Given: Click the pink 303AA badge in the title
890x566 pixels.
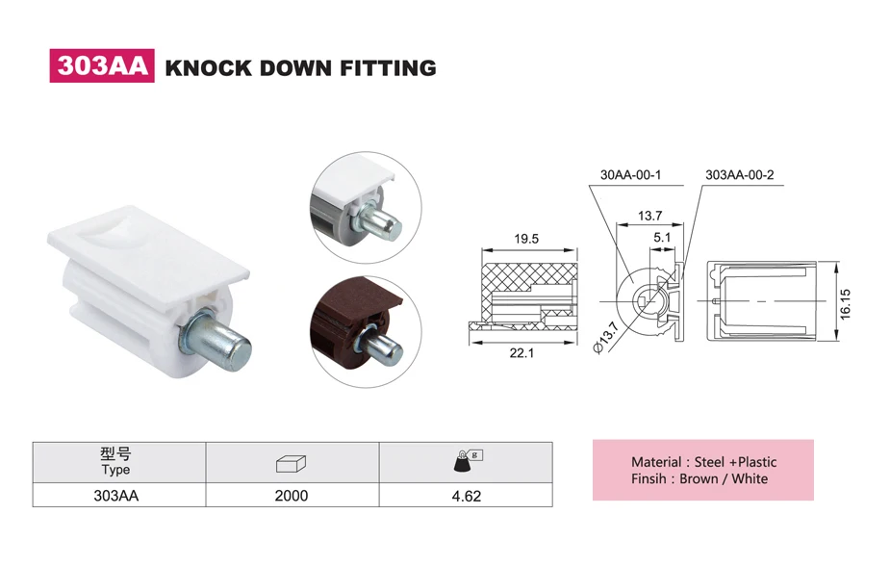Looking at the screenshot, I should [x=102, y=66].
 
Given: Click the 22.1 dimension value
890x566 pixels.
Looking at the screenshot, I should [x=523, y=353].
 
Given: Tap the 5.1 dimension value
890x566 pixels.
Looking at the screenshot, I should [x=662, y=237].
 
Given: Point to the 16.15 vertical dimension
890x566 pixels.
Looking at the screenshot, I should [x=847, y=301].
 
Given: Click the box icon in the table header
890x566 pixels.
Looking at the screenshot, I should [x=292, y=463].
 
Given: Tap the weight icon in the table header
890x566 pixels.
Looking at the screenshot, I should [x=466, y=461].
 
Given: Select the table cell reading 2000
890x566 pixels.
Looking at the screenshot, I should [x=292, y=496].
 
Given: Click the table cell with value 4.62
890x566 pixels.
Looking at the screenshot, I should [x=466, y=496].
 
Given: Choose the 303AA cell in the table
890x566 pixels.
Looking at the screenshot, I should [x=115, y=496].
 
